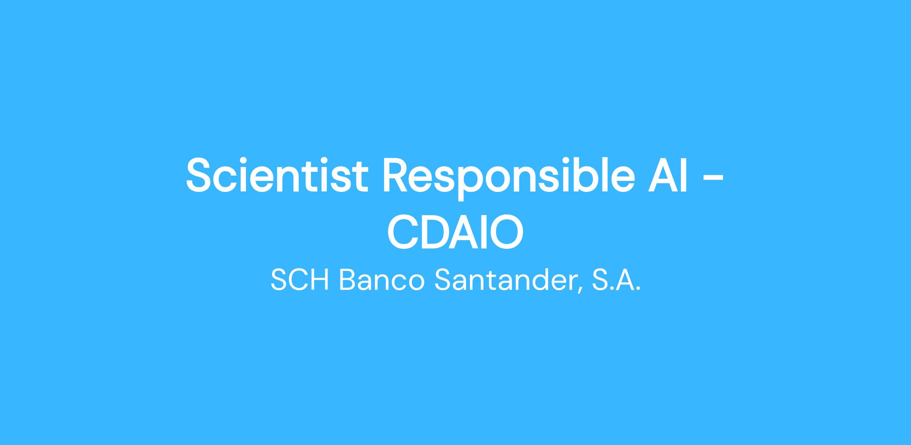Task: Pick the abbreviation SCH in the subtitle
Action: (300, 280)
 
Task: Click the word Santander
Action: (504, 280)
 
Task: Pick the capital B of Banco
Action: (348, 280)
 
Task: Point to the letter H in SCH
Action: (320, 280)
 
